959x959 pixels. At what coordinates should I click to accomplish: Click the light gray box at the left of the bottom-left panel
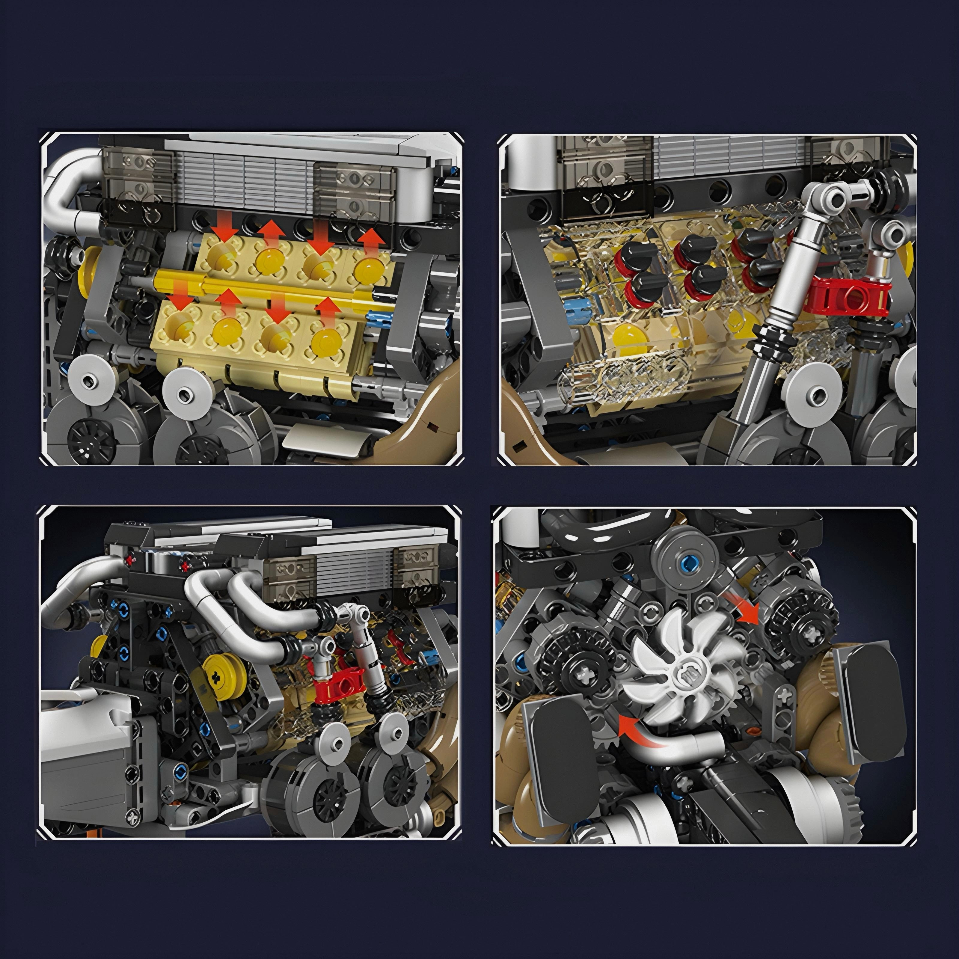85,755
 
